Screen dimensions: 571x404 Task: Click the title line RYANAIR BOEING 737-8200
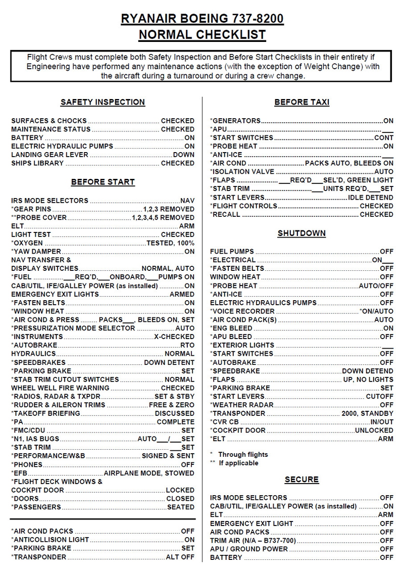click(x=202, y=19)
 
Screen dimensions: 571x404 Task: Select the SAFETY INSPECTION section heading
click(x=103, y=102)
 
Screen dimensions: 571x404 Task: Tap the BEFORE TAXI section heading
click(x=301, y=102)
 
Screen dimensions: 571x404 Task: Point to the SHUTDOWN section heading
click(x=301, y=233)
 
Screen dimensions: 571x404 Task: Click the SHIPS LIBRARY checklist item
click(x=37, y=163)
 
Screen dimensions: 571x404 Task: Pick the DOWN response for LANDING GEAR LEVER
click(x=183, y=155)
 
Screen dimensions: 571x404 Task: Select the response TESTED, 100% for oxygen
click(x=170, y=243)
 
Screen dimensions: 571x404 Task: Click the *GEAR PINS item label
click(x=31, y=209)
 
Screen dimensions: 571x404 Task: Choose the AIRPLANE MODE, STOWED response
click(x=149, y=473)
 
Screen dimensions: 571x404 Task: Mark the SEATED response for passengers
click(x=180, y=507)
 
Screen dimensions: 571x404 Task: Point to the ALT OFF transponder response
click(x=180, y=557)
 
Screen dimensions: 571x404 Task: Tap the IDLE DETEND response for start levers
click(x=371, y=198)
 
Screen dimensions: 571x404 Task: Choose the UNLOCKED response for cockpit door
click(x=374, y=431)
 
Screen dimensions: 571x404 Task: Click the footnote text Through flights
click(x=243, y=454)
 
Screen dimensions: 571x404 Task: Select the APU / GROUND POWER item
click(x=249, y=549)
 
